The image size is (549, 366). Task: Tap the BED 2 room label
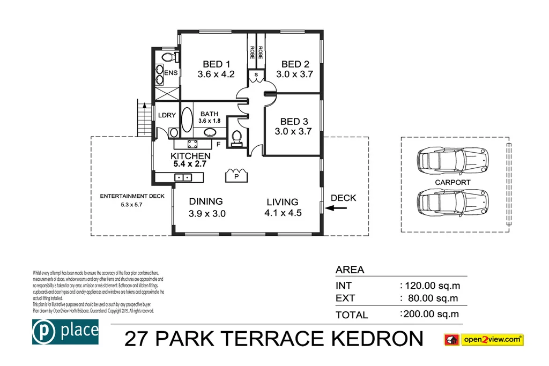click(295, 64)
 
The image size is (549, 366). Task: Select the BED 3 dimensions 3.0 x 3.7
click(293, 131)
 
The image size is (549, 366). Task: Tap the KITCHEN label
click(190, 156)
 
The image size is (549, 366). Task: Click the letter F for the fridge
click(218, 144)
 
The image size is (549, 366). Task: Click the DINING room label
click(206, 201)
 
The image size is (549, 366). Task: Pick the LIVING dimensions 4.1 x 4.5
click(284, 213)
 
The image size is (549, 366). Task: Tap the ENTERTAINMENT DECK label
click(132, 196)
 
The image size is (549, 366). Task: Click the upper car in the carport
click(453, 160)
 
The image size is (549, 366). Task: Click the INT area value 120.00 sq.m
click(430, 286)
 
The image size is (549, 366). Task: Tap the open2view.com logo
click(484, 340)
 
